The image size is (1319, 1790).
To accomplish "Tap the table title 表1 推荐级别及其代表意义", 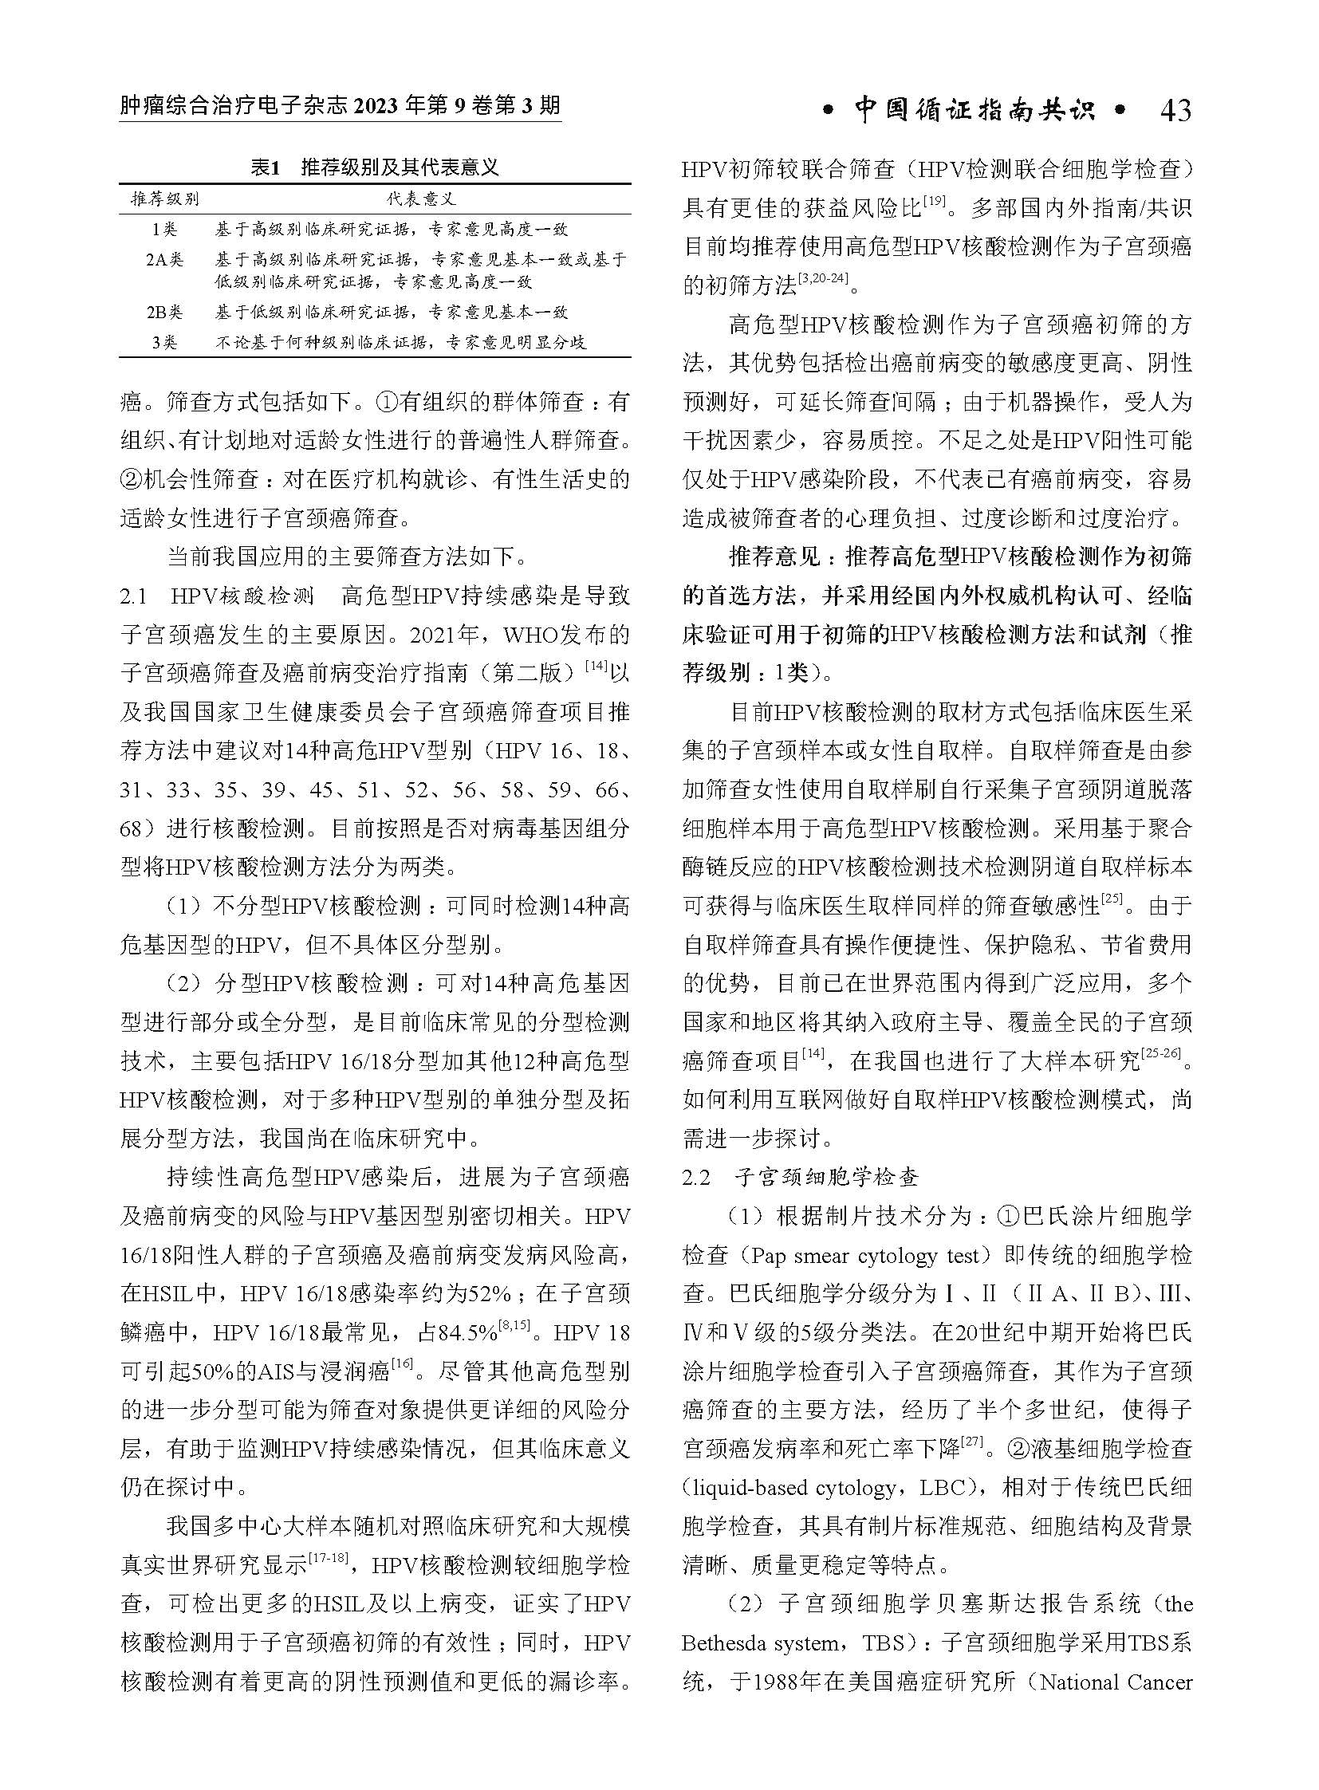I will [375, 167].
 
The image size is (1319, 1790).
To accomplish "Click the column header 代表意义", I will [423, 199].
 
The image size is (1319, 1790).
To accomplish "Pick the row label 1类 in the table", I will [164, 230].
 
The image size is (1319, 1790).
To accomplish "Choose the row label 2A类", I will [164, 259].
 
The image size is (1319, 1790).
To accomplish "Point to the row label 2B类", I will [164, 313].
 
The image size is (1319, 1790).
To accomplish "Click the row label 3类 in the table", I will [164, 343].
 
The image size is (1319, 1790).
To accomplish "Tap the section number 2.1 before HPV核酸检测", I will [133, 597].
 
